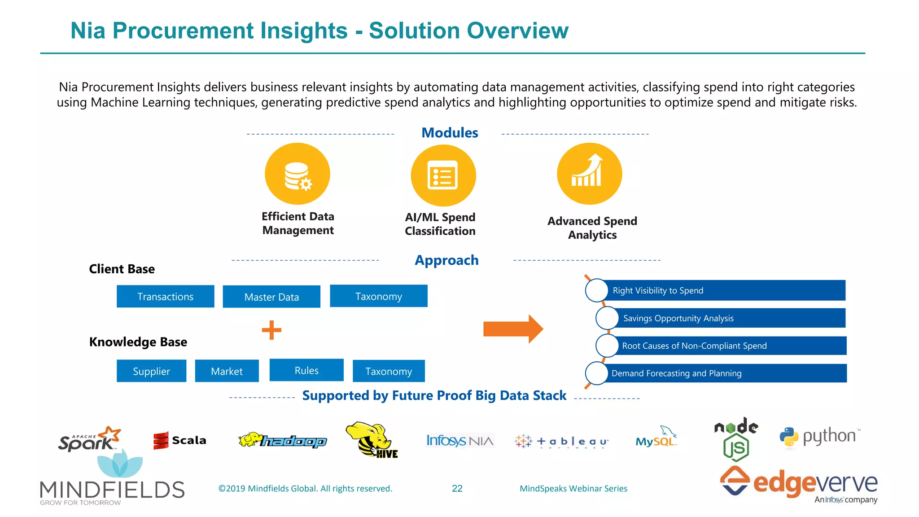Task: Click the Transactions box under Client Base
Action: pos(165,296)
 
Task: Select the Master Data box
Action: pos(271,297)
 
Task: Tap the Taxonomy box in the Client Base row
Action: pos(378,296)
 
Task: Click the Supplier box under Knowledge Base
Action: pos(151,371)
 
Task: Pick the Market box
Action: pos(227,371)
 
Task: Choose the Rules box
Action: pos(306,370)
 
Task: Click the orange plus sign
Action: pos(271,330)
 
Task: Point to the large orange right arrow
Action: pos(513,329)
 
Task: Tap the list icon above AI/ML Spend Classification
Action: pos(443,175)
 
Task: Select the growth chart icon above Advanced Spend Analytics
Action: pos(589,173)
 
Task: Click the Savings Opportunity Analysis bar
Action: pos(727,318)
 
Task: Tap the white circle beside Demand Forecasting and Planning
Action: pos(597,373)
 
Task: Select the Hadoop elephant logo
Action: pos(283,440)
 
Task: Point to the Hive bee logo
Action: pos(372,440)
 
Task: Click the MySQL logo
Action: pos(656,438)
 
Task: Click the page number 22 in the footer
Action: pos(457,488)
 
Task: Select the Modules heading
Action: pos(450,133)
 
